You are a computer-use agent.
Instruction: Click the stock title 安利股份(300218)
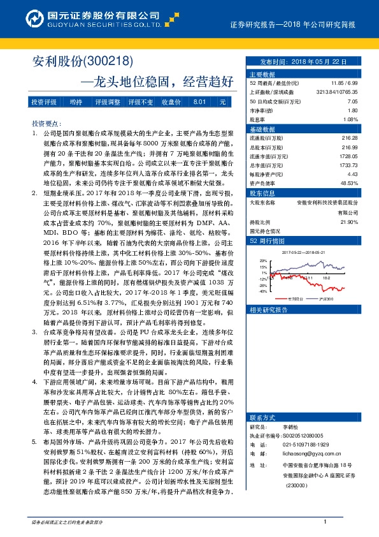coord(82,61)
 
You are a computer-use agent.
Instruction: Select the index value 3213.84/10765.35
coord(337,92)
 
